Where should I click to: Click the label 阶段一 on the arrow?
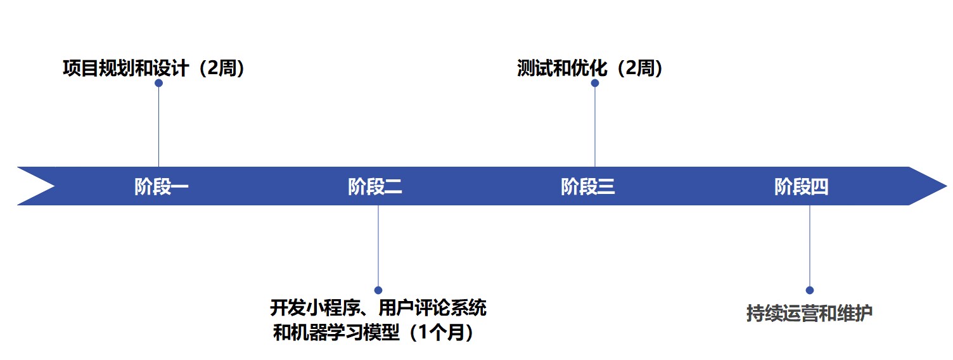coord(162,187)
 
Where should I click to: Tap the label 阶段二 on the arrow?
coord(375,187)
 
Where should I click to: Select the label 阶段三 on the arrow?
coord(588,187)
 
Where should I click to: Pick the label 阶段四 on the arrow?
coord(801,187)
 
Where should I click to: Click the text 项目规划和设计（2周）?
coord(154,68)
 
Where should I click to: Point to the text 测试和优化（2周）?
coord(590,68)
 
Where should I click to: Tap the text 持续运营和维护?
coord(809,313)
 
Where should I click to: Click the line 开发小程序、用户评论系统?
coord(378,309)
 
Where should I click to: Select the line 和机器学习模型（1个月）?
coord(374,332)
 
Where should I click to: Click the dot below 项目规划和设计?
coord(158,83)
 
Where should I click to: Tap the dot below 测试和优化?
coord(594,83)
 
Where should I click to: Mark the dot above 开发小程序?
coord(378,290)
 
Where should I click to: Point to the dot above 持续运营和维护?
coord(809,290)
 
